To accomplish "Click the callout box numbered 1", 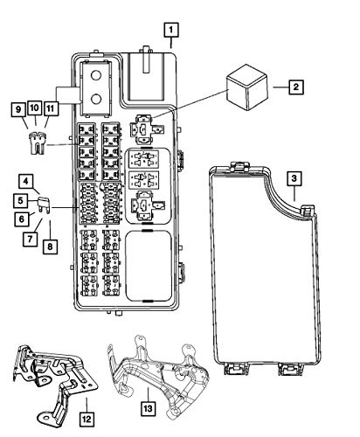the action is coord(171,30).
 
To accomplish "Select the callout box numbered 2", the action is coord(296,87).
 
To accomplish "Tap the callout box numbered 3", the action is coord(294,178).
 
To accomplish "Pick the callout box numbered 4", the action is coord(26,181).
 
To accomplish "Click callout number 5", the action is coord(20,201).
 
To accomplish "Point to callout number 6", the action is coord(22,219).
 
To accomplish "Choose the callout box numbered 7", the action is coord(31,239).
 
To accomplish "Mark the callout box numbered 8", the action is coord(50,246).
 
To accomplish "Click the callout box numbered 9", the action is coord(18,110).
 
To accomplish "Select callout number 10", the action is coord(34,108).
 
